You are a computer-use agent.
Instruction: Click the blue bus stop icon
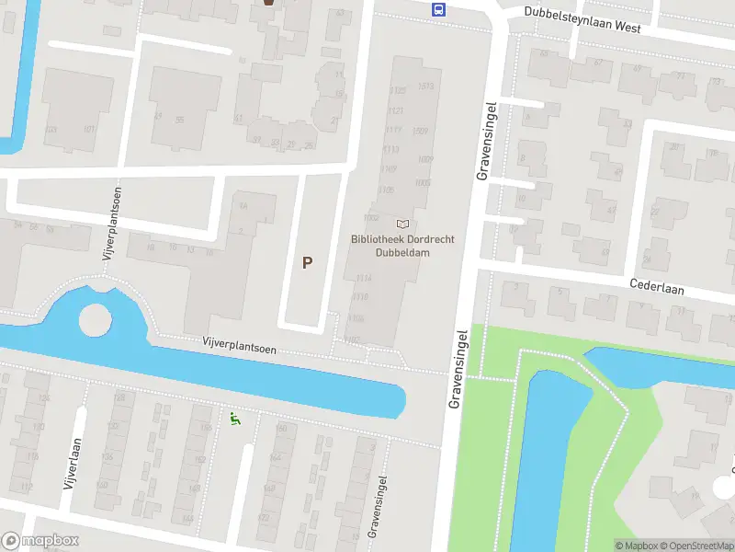(x=439, y=10)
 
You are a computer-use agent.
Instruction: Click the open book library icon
(x=401, y=224)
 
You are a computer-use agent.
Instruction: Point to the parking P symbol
(x=308, y=262)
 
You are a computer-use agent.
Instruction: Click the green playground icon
(x=234, y=420)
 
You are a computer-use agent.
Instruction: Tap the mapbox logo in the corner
(x=40, y=541)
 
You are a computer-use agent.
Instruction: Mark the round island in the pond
(x=95, y=320)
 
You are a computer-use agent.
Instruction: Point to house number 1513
(x=424, y=87)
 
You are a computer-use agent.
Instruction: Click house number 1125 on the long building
(x=397, y=90)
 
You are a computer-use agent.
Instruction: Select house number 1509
(x=422, y=131)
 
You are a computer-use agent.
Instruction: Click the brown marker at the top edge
(x=268, y=4)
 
